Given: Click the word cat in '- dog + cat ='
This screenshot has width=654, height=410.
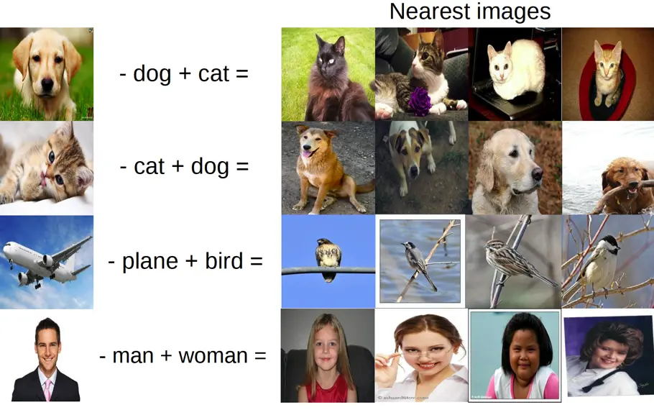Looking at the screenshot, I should click(213, 73).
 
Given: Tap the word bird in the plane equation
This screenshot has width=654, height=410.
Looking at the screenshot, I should click(224, 260).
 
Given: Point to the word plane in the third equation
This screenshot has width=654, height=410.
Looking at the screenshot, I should click(149, 262).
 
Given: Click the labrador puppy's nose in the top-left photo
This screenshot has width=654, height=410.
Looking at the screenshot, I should click(47, 85).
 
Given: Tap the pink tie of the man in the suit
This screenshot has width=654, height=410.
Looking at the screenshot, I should click(47, 388).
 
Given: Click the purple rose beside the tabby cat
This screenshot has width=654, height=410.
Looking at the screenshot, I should click(420, 101).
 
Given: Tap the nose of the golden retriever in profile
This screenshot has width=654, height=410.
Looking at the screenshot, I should click(537, 175).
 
